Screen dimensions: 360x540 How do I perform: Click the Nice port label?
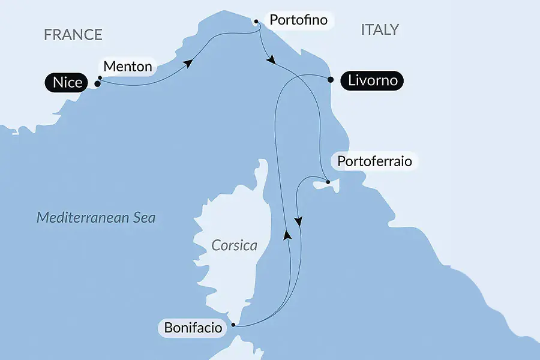point(67,83)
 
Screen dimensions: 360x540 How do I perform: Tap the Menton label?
point(127,66)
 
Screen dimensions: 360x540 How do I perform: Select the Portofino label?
point(298,20)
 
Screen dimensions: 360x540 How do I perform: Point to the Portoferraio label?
point(374,161)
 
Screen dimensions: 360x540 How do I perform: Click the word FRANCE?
point(73,34)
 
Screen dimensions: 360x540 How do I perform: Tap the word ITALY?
point(379,30)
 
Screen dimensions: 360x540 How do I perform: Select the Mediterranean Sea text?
point(96,217)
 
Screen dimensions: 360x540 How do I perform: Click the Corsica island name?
point(234,245)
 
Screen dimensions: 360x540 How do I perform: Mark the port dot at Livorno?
point(330,79)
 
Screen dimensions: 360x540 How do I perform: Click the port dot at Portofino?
point(256,22)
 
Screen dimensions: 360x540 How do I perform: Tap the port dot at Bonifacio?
point(233,326)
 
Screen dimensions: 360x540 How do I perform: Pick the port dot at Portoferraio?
point(328,182)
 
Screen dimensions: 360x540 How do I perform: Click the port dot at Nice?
point(97,84)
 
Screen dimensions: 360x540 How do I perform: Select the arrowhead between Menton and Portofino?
point(189,63)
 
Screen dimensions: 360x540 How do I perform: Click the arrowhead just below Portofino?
point(271,60)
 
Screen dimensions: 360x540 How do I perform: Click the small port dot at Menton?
point(99,77)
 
